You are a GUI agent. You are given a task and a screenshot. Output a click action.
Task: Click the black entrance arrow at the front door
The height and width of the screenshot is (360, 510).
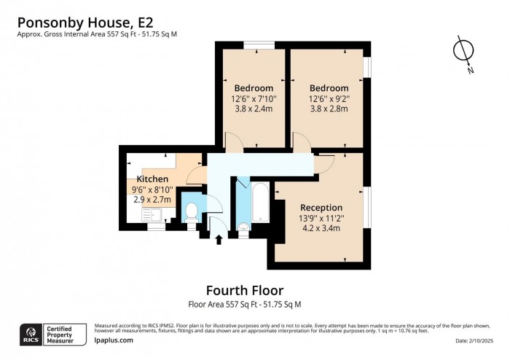[x=219, y=238]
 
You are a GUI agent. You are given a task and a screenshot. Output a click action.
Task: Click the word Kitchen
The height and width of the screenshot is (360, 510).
[x=152, y=179]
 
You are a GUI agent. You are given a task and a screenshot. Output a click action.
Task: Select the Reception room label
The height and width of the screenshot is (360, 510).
[x=321, y=206]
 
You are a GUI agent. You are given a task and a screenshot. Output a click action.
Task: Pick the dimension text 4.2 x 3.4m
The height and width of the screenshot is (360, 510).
[x=321, y=228]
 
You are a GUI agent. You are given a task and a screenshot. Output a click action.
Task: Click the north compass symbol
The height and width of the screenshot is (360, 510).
[x=462, y=52]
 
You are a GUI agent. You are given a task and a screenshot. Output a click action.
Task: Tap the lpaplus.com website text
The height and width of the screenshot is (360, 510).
[x=114, y=340]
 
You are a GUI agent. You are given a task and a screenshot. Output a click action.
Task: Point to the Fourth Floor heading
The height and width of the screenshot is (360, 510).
[x=245, y=290]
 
